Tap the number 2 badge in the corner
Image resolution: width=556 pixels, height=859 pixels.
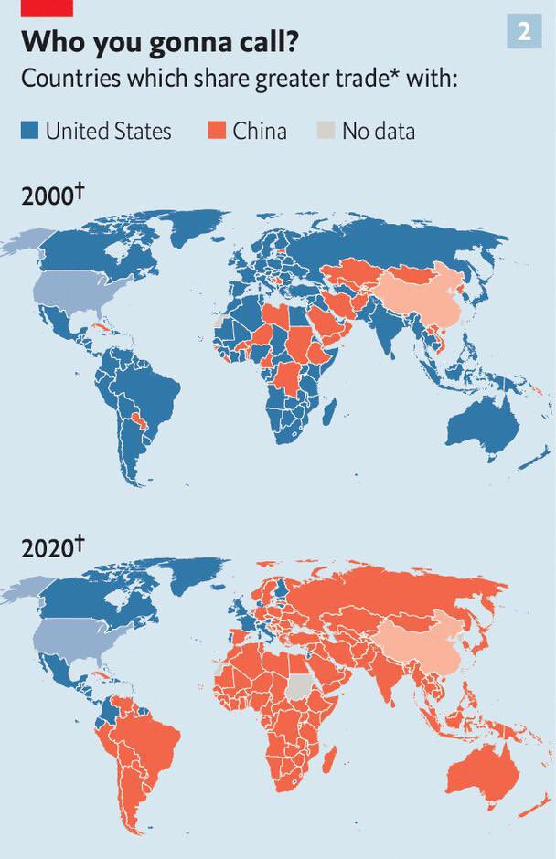point(523,31)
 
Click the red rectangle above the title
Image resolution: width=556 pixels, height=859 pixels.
point(47,7)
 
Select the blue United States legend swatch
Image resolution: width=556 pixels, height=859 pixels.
point(30,132)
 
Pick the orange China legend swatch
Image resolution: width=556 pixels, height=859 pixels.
point(216,132)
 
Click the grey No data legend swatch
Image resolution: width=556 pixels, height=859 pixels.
point(326,132)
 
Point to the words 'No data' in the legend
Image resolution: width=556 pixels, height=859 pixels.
point(378,132)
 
